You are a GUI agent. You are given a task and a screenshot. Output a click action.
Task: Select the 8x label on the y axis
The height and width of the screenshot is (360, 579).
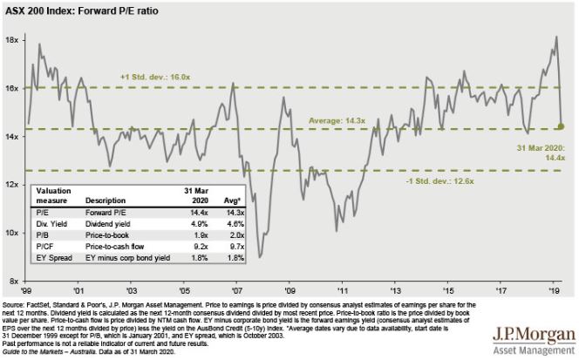15,282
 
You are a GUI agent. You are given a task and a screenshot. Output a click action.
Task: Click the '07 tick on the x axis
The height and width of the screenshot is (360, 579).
235,290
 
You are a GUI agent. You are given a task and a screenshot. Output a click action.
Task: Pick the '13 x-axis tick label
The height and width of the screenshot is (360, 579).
396,290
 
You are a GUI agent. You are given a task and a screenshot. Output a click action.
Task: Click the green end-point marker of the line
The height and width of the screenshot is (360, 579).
561,126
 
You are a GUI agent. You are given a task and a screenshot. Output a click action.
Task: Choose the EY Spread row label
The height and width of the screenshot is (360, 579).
51,259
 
